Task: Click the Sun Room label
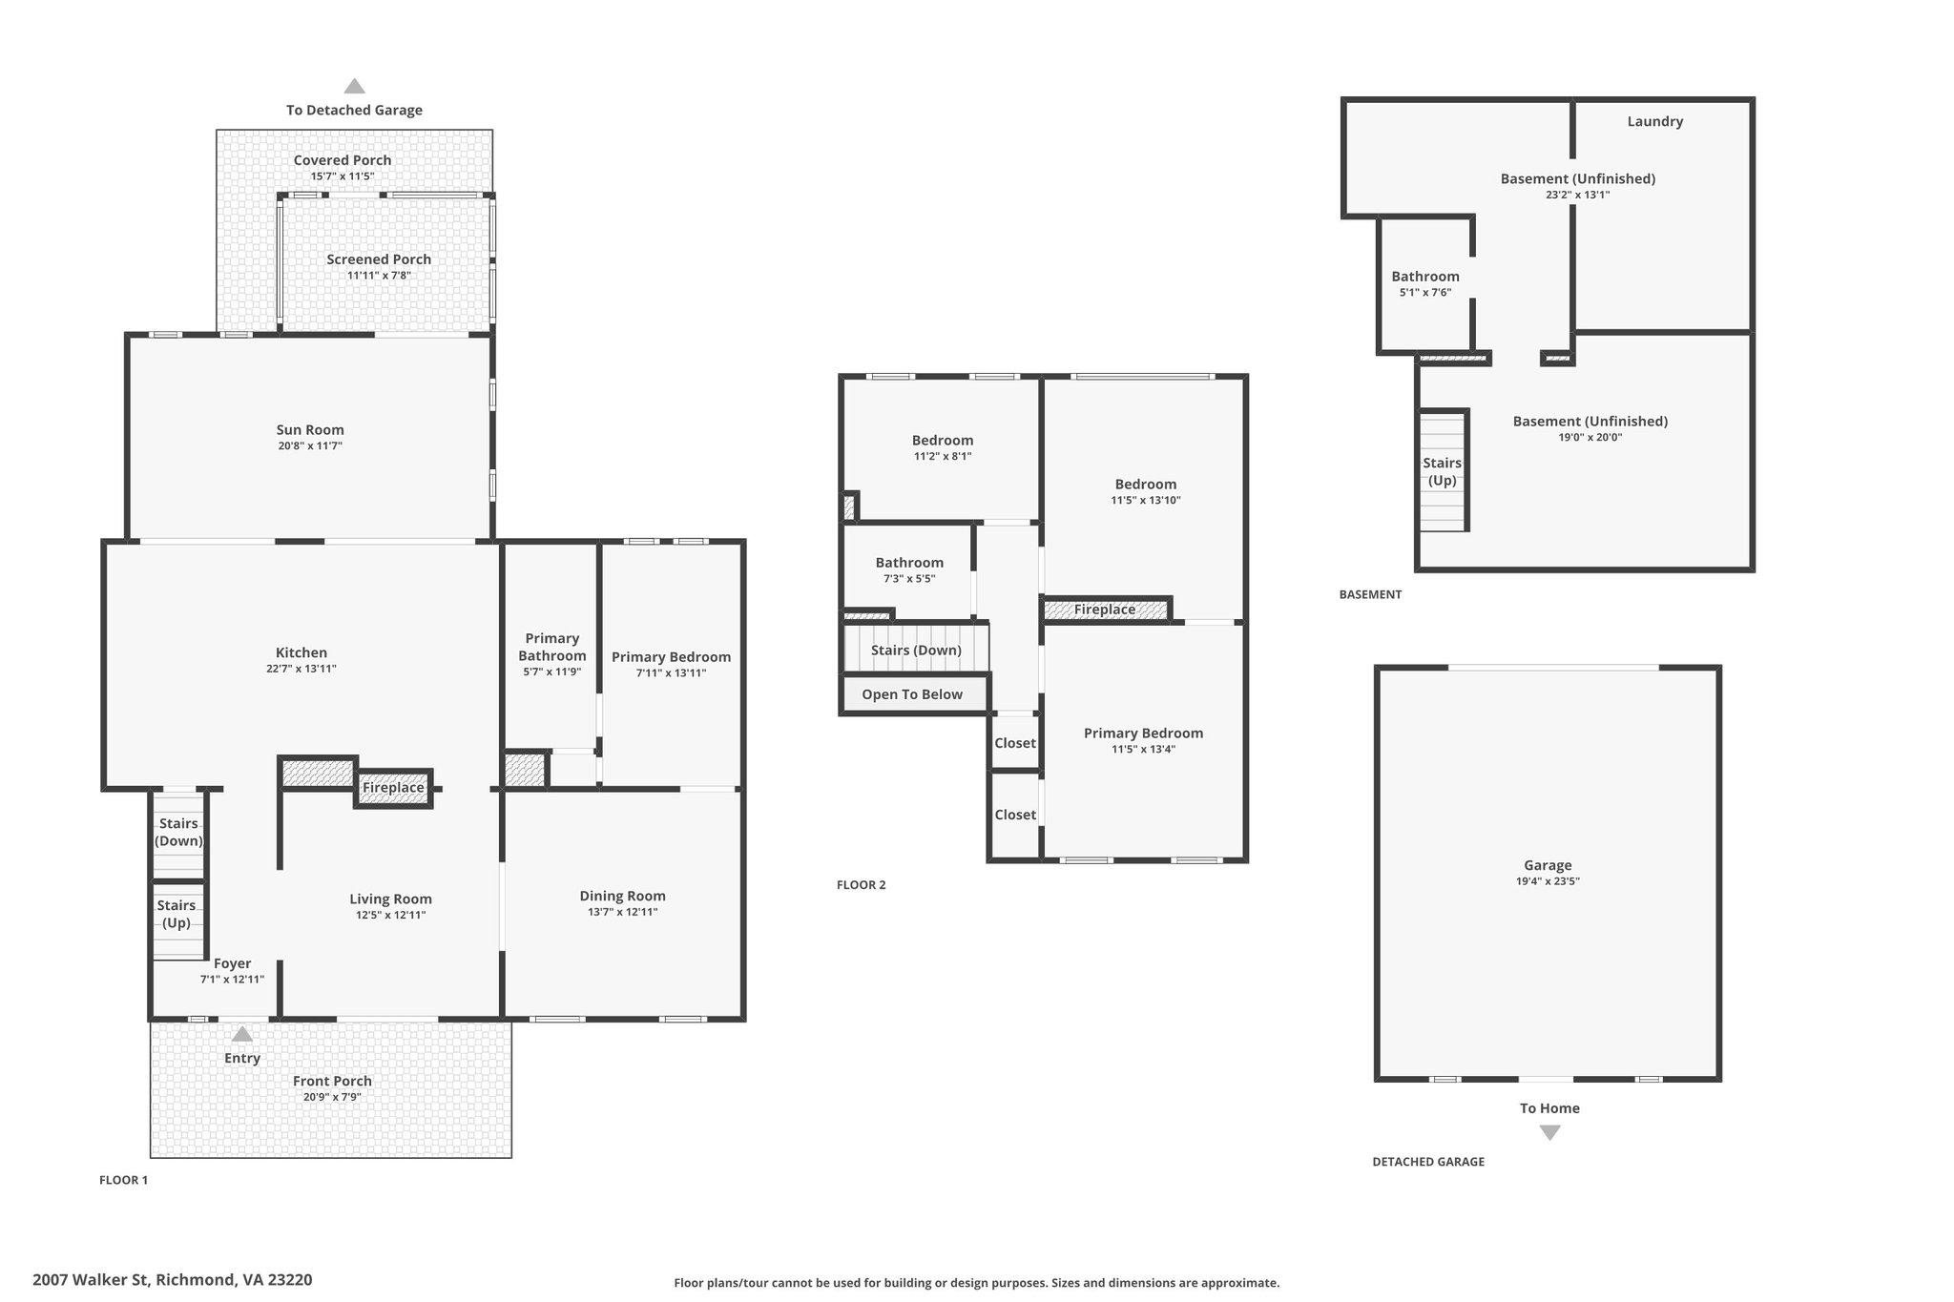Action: [x=310, y=430]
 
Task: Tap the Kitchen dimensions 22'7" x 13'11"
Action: [x=301, y=669]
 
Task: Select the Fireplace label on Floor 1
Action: [x=393, y=788]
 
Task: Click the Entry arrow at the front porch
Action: [x=242, y=1035]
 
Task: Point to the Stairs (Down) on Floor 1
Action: [x=178, y=832]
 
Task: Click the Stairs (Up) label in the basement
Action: [x=1442, y=471]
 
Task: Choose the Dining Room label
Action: [x=622, y=896]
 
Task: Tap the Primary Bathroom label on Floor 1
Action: [x=551, y=647]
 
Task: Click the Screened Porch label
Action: [x=379, y=259]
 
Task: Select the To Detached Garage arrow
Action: [x=354, y=87]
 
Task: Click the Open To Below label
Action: [x=912, y=694]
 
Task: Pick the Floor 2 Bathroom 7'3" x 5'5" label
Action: [x=909, y=563]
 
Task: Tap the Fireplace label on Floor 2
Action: [x=1105, y=610]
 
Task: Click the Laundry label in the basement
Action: [x=1654, y=121]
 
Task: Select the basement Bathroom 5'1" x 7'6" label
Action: [x=1424, y=277]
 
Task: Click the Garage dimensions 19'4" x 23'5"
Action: [x=1548, y=881]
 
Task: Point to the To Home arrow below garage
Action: [x=1549, y=1132]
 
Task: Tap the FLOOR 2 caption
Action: [x=861, y=885]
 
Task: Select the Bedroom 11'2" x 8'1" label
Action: [x=943, y=441]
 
